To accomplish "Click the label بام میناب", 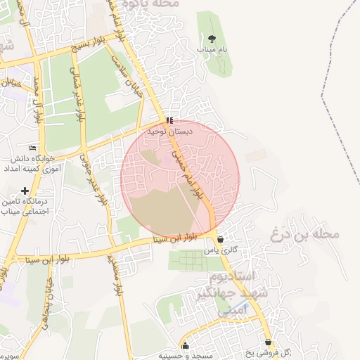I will click(x=213, y=51).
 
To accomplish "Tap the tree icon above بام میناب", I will click(x=212, y=39).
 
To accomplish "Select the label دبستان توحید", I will click(x=165, y=131).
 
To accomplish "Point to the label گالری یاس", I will click(x=219, y=250).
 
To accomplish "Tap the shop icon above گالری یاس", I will click(x=221, y=239).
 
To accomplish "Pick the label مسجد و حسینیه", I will click(x=184, y=356).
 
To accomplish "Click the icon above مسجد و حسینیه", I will click(x=185, y=345).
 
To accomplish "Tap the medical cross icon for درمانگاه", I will click(x=25, y=191).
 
